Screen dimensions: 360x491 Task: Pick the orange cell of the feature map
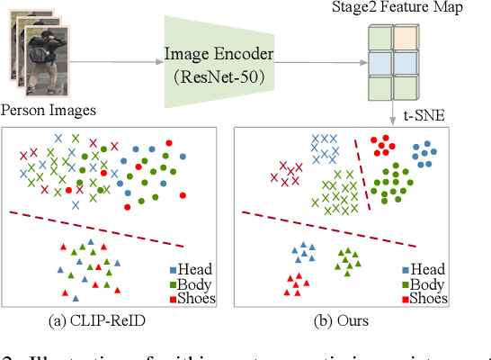tap(406, 40)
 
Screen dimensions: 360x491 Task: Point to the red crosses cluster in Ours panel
tap(291, 173)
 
